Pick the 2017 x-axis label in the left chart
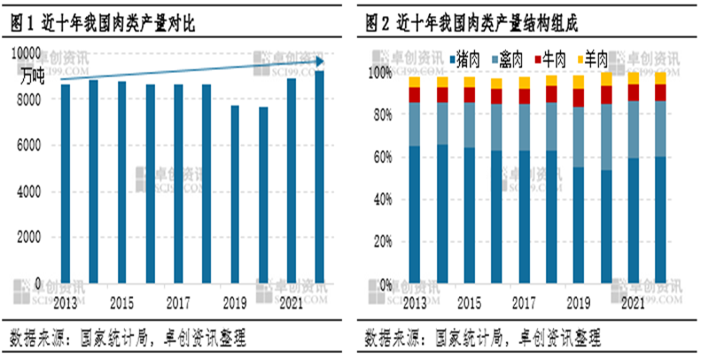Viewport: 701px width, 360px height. [x=177, y=302]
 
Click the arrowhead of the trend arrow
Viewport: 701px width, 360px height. [x=322, y=61]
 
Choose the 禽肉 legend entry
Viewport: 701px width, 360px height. [x=510, y=60]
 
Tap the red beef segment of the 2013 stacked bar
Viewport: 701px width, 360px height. [x=414, y=94]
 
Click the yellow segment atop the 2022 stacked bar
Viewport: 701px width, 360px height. [x=658, y=78]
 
